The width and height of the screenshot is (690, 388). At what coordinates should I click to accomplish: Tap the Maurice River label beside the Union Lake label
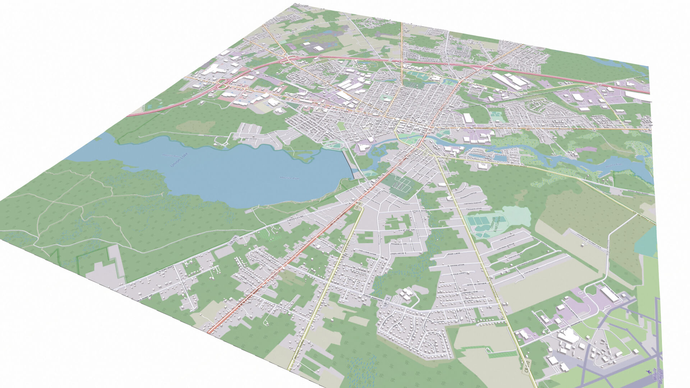[290, 178]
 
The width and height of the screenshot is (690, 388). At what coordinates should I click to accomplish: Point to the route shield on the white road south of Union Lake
[231, 243]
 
